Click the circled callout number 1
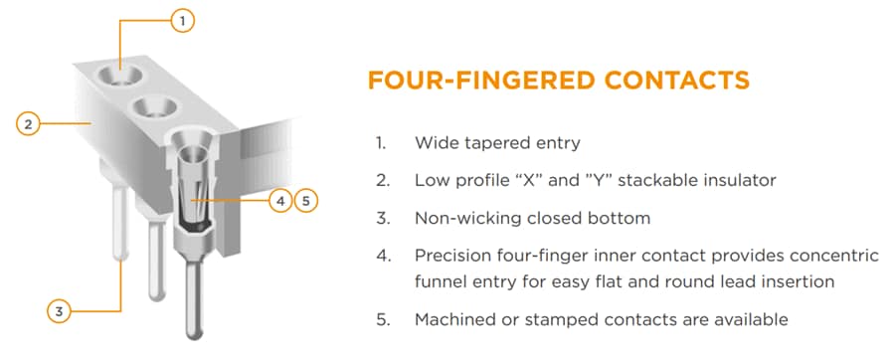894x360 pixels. point(181,19)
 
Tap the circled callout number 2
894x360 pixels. point(29,124)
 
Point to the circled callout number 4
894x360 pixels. point(281,200)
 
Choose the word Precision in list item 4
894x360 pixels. point(453,256)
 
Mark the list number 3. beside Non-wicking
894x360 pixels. point(381,218)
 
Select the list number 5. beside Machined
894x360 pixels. point(381,319)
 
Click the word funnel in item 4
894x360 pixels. point(441,281)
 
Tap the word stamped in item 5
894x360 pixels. point(555,319)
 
